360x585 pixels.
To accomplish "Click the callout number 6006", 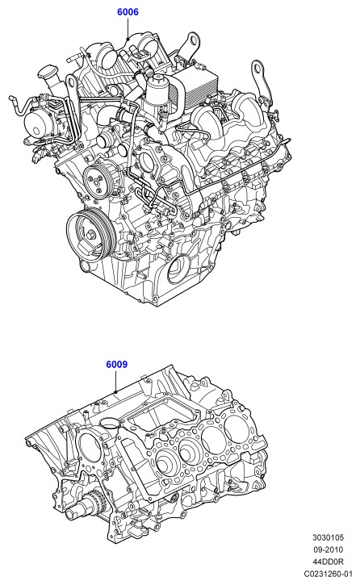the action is click(128, 12).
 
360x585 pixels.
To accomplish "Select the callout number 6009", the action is click(117, 364).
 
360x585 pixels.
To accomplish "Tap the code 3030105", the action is click(329, 537).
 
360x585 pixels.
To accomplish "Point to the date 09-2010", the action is click(329, 549).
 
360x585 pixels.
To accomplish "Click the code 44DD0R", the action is click(329, 562).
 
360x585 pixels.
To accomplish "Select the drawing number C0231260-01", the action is click(329, 574).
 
